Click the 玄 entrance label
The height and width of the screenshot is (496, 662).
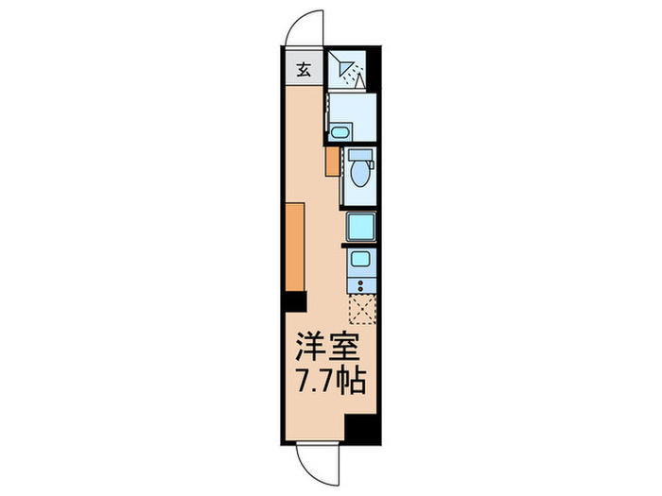(304, 68)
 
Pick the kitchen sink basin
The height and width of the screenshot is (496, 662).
(360, 259)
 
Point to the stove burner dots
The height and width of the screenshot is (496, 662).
(360, 282)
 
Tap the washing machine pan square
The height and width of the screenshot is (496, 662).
(360, 227)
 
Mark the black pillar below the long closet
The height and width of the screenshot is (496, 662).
(294, 302)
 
